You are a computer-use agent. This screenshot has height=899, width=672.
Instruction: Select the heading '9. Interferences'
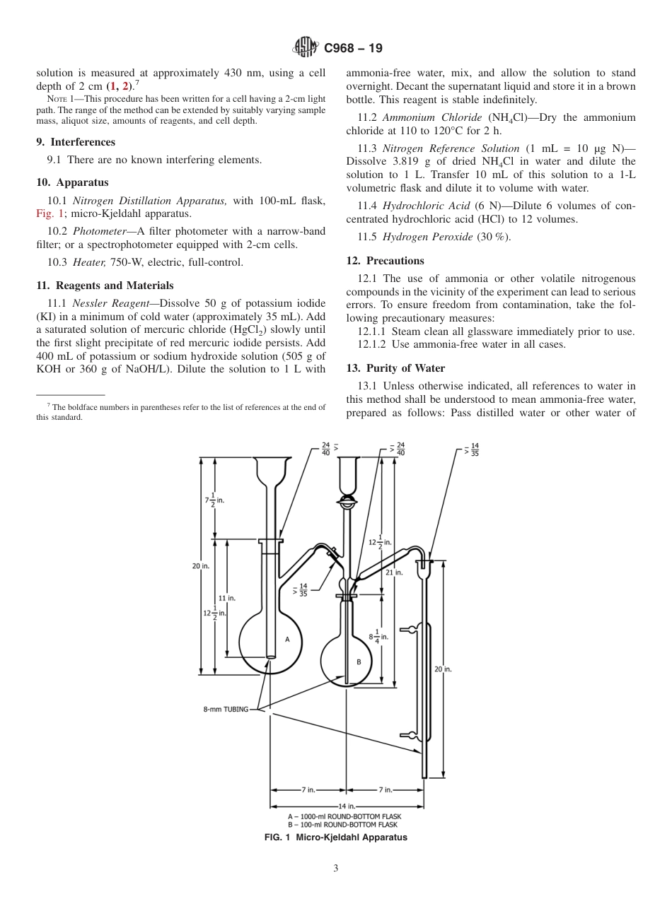point(76,142)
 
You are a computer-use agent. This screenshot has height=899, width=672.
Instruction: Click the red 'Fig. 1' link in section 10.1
point(50,213)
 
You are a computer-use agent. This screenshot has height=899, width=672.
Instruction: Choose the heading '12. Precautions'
point(386,260)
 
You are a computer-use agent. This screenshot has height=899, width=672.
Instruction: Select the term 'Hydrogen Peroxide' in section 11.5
point(427,237)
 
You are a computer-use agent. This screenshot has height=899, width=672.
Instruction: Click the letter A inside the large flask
point(287,639)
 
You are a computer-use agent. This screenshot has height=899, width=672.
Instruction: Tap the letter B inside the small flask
point(359,662)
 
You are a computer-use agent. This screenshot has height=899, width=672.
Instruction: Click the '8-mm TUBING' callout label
point(226,710)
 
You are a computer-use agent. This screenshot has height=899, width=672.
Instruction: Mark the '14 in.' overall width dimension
point(347,806)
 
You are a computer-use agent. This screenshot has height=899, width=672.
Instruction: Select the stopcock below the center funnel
point(347,503)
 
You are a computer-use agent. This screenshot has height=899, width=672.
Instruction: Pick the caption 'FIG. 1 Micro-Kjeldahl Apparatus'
point(335,838)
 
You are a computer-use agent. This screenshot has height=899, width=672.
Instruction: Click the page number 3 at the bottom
point(335,869)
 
